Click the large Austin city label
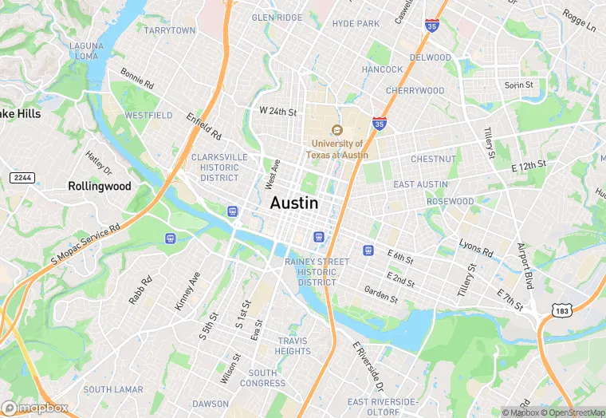click(294, 203)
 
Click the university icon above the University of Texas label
click(337, 130)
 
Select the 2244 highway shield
click(22, 176)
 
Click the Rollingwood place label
click(100, 186)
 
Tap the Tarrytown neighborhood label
click(170, 30)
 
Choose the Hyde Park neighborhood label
click(356, 24)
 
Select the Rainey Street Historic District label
click(322, 272)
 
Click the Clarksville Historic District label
click(218, 168)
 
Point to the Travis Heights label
click(293, 346)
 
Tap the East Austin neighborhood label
click(420, 184)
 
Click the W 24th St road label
click(277, 112)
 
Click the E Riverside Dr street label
click(368, 361)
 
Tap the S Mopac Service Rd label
click(85, 243)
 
